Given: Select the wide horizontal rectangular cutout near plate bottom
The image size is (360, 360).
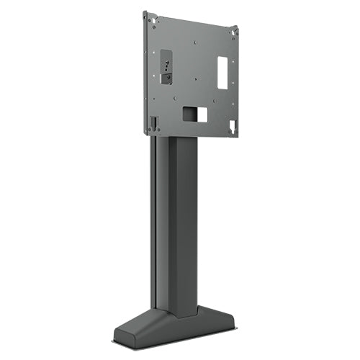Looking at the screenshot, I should pos(194,114).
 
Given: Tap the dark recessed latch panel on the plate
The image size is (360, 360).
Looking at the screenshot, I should pos(166,66).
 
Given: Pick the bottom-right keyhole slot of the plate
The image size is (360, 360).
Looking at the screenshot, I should pos(231,127).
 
